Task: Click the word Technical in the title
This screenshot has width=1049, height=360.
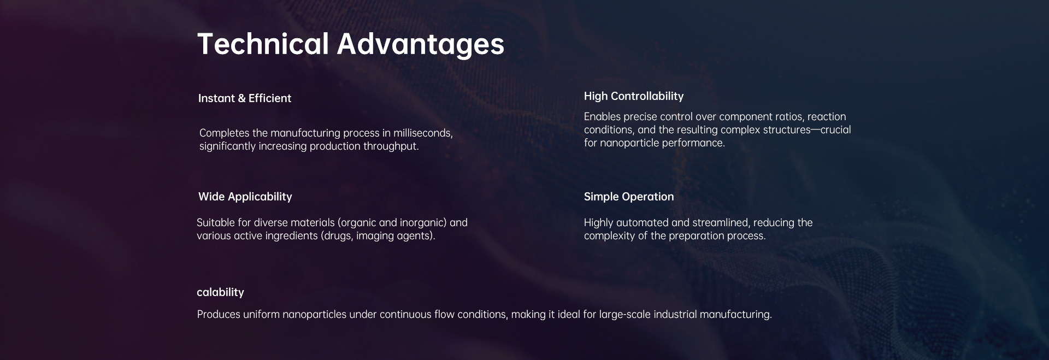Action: point(263,44)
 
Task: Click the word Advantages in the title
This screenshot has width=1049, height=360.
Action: point(420,45)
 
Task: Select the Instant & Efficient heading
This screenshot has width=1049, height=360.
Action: point(245,98)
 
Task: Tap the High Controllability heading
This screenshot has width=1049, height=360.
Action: point(634,96)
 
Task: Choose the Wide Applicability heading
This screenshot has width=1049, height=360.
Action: point(245,197)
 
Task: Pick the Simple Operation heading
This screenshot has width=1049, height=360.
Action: point(629,197)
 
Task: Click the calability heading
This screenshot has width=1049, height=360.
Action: point(220,292)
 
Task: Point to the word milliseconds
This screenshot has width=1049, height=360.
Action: point(423,133)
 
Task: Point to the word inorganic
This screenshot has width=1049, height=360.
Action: point(423,223)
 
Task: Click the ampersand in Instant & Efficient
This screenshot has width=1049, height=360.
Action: point(241,98)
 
